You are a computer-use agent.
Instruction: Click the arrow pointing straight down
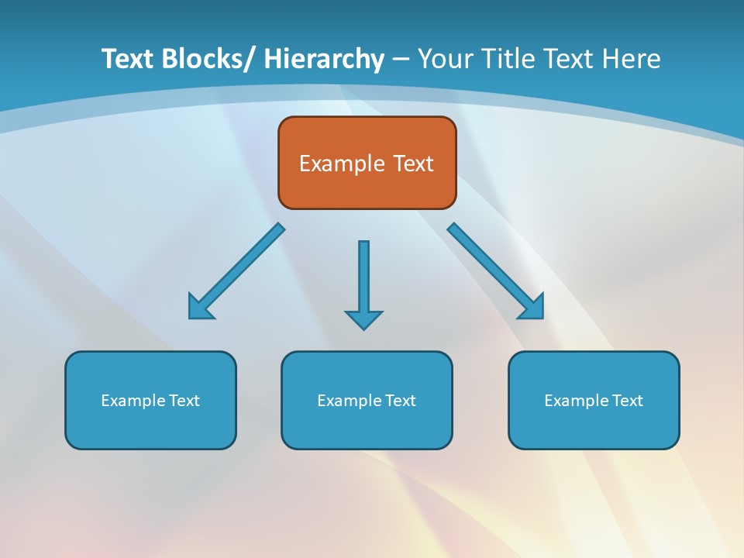click(363, 279)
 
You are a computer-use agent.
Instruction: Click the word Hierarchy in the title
click(324, 59)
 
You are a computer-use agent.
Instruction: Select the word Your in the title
click(445, 59)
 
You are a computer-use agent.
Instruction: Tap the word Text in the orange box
click(412, 164)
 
